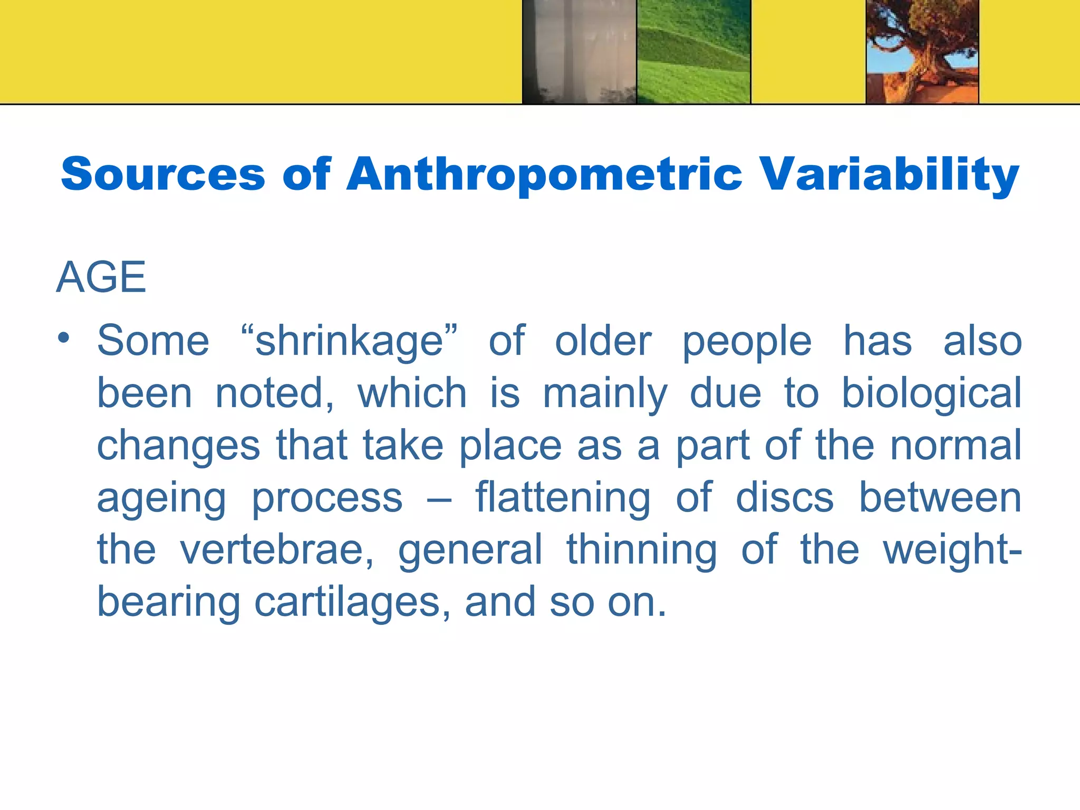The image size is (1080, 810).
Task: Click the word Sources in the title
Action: pos(163,174)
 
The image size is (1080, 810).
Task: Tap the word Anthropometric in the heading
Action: pos(544,175)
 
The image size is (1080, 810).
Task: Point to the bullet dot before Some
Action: pos(64,339)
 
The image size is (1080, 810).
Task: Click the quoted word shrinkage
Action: pos(349,341)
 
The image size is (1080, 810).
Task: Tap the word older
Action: pos(603,341)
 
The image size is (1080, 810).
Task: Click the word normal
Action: pos(956,445)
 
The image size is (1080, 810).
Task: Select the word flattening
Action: pos(563,498)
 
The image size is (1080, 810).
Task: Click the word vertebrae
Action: pos(276,549)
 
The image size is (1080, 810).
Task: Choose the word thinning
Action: pos(642,549)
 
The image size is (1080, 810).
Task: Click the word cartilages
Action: pos(352,602)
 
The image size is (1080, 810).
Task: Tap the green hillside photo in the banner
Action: pos(693,52)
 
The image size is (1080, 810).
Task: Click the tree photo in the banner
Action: pos(922,52)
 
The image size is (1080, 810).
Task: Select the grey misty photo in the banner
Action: pos(579,52)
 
